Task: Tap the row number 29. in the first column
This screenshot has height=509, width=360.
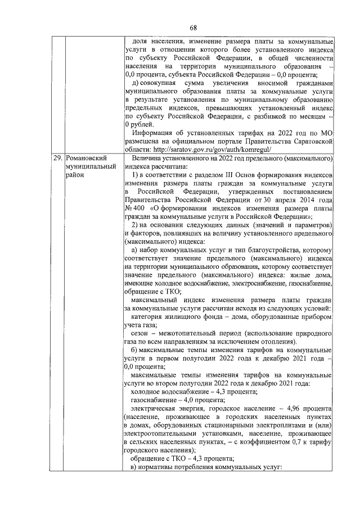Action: click(x=57, y=159)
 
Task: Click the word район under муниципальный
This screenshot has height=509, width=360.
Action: click(x=75, y=175)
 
